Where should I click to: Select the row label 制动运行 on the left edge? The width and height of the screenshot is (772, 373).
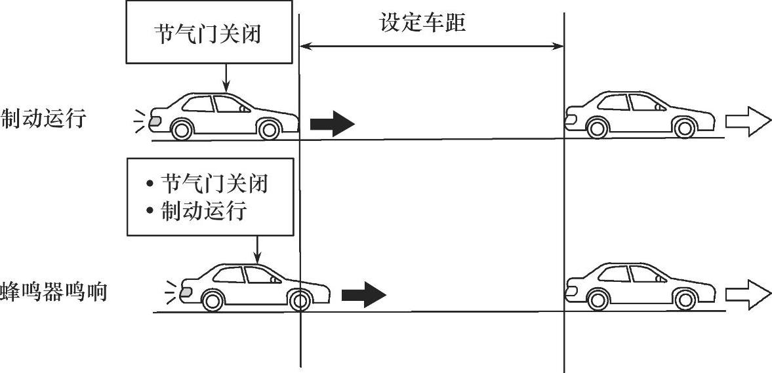pyautogui.click(x=43, y=119)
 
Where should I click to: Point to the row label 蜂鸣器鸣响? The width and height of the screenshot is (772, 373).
pyautogui.click(x=54, y=291)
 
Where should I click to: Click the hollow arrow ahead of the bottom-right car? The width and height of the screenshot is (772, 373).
pyautogui.click(x=748, y=294)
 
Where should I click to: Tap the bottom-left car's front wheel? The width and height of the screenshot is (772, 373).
pyautogui.click(x=299, y=300)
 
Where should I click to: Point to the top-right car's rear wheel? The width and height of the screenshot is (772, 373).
pyautogui.click(x=597, y=128)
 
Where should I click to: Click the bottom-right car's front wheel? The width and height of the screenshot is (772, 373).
pyautogui.click(x=685, y=300)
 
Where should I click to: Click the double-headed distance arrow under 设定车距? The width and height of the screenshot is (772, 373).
pyautogui.click(x=432, y=46)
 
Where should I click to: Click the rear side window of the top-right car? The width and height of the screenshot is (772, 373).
pyautogui.click(x=613, y=102)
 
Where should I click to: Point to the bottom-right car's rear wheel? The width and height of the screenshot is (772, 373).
pyautogui.click(x=597, y=300)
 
